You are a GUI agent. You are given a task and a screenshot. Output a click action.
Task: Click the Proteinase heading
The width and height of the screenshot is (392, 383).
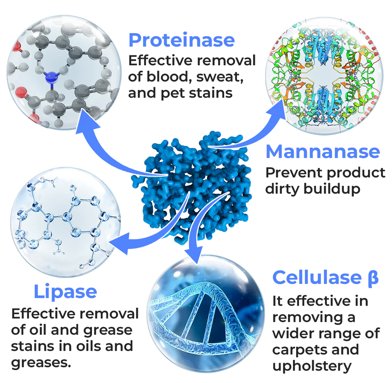pyautogui.click(x=181, y=40)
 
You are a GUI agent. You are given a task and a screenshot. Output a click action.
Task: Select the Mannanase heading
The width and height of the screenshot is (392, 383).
pyautogui.click(x=323, y=152)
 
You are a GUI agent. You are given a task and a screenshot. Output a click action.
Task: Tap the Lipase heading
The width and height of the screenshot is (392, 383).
pyautogui.click(x=65, y=292)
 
